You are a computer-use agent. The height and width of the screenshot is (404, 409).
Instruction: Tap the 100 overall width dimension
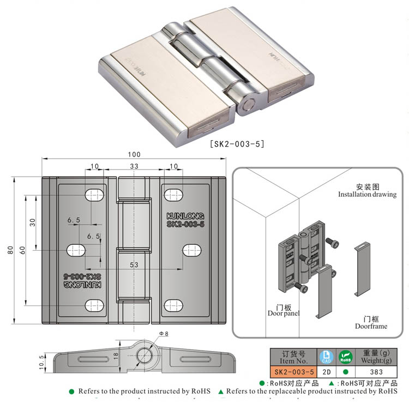[134, 154]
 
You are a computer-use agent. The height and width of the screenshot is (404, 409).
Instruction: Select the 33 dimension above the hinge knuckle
[133, 166]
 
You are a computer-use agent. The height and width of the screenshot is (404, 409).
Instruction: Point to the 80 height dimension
[10, 250]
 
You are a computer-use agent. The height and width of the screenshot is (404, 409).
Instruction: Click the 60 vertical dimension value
[22, 250]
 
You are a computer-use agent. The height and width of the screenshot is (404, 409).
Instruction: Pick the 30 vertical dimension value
[32, 222]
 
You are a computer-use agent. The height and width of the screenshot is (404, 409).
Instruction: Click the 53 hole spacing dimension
[134, 265]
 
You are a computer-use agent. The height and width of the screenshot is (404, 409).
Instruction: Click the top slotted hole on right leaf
[173, 194]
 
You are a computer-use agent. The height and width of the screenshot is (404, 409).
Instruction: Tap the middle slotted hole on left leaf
[76, 250]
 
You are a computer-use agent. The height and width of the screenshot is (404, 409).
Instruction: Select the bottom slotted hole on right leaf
[173, 305]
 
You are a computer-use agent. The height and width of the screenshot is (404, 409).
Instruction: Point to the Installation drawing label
[367, 194]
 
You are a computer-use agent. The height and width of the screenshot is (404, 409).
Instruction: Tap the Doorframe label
[371, 326]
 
